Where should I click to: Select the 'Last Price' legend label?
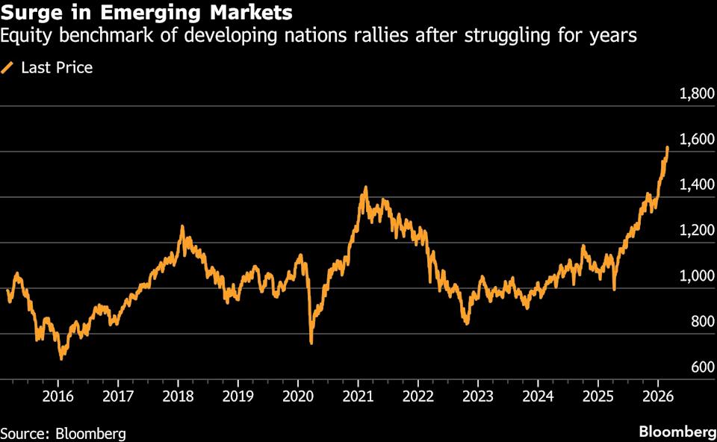(57, 68)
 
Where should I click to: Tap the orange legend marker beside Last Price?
(8, 68)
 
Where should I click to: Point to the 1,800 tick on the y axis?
(695, 94)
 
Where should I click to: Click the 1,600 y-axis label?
(695, 140)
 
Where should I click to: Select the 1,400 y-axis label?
(695, 185)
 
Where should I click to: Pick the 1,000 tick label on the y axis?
(695, 276)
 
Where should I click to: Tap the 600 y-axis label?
(701, 367)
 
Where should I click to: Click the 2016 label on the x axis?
(58, 395)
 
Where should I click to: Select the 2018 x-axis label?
(178, 395)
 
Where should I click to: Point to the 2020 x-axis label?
(297, 395)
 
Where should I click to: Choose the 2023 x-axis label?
(478, 395)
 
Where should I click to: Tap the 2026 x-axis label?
(657, 395)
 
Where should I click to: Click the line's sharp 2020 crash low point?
(311, 343)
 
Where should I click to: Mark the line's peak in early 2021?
(365, 187)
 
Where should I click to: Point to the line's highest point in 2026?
(667, 148)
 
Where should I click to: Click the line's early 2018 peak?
(181, 227)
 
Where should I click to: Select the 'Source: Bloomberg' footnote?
(63, 433)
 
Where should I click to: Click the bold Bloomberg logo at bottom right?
(677, 432)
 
